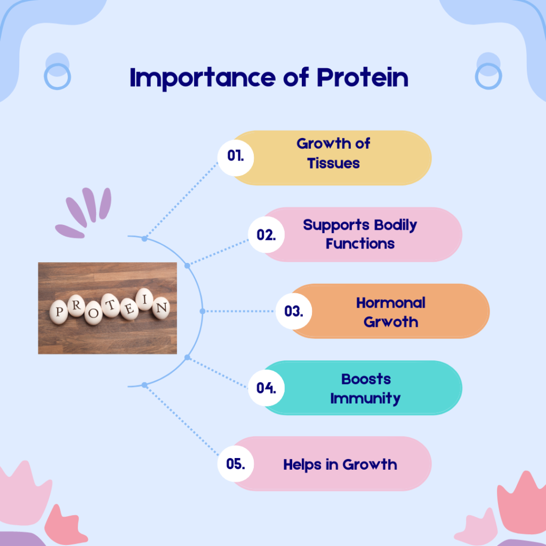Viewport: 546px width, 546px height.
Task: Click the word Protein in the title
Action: pyautogui.click(x=362, y=77)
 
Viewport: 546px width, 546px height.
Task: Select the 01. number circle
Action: pyautogui.click(x=236, y=157)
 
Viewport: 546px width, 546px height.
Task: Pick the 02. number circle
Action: pyautogui.click(x=267, y=235)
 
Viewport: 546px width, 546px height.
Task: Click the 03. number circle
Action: pyautogui.click(x=294, y=311)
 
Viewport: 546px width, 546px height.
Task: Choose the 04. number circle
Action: pyautogui.click(x=267, y=388)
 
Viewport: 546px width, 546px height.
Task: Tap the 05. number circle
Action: pyautogui.click(x=236, y=464)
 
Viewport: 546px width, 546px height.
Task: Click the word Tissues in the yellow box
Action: pyautogui.click(x=333, y=163)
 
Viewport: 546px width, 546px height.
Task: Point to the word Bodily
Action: pyautogui.click(x=396, y=226)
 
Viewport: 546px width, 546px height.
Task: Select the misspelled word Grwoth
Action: pyautogui.click(x=391, y=322)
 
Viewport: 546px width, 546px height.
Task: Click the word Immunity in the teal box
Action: pyautogui.click(x=365, y=399)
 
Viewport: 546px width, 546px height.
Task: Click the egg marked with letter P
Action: pyautogui.click(x=59, y=311)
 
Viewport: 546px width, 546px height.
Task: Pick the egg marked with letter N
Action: pyautogui.click(x=161, y=308)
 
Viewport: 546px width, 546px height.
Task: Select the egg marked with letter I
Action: pyautogui.click(x=144, y=299)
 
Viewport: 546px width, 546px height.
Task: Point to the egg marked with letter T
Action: pyautogui.click(x=110, y=306)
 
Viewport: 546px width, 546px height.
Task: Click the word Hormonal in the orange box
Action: pyautogui.click(x=391, y=303)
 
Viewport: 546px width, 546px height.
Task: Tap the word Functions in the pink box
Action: pyautogui.click(x=360, y=244)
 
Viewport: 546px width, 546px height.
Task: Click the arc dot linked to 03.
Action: pyautogui.click(x=203, y=311)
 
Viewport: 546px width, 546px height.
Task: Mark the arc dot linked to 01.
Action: pyautogui.click(x=144, y=238)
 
